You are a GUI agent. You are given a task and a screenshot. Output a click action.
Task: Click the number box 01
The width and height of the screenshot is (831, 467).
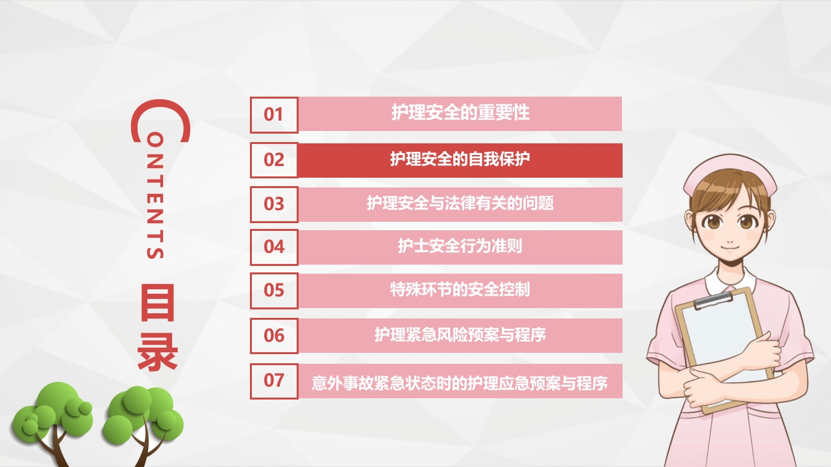pos(274,115)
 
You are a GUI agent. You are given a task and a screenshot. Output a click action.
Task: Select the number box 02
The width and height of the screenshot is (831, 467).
pos(274,160)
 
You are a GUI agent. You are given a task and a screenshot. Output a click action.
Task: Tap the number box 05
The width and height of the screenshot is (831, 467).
pos(274,290)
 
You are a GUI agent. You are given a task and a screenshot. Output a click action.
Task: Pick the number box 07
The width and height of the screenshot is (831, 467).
pos(274,380)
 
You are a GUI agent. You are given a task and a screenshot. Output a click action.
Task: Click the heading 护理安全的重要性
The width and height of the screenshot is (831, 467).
pos(460,114)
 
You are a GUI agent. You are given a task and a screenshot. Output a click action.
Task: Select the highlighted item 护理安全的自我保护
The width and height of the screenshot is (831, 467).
pos(460,160)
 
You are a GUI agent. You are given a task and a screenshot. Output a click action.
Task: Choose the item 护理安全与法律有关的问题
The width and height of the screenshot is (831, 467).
pos(460,204)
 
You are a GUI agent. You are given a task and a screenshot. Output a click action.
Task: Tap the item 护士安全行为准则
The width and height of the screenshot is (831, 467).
pos(460,246)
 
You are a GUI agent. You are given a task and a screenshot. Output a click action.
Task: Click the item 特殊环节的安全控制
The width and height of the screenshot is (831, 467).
pos(460,290)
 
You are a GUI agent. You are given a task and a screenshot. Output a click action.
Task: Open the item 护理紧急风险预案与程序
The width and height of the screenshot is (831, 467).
pos(460,335)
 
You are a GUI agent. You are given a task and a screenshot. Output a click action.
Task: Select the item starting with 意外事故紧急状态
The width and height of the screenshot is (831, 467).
pos(460,383)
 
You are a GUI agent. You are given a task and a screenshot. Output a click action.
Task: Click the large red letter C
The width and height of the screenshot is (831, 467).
pos(160,121)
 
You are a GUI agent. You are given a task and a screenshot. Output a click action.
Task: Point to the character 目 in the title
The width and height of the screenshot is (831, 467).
pos(156,304)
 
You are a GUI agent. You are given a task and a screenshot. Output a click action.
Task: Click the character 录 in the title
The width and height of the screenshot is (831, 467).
pos(157,353)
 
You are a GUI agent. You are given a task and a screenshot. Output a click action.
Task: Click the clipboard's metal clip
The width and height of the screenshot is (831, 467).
pos(713,300)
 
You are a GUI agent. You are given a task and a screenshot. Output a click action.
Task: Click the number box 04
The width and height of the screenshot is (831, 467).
pos(274,246)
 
